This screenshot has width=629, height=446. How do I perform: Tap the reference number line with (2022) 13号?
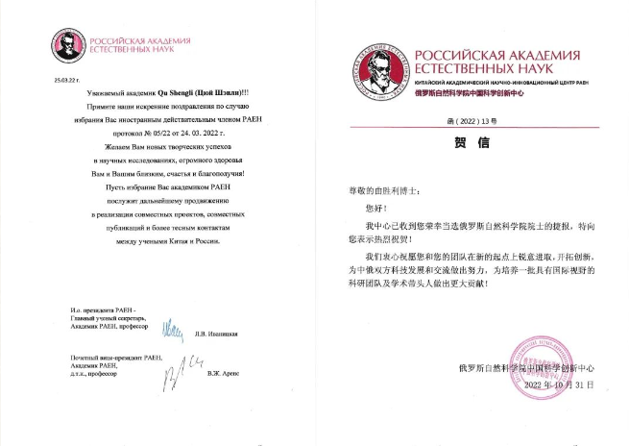477,119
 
